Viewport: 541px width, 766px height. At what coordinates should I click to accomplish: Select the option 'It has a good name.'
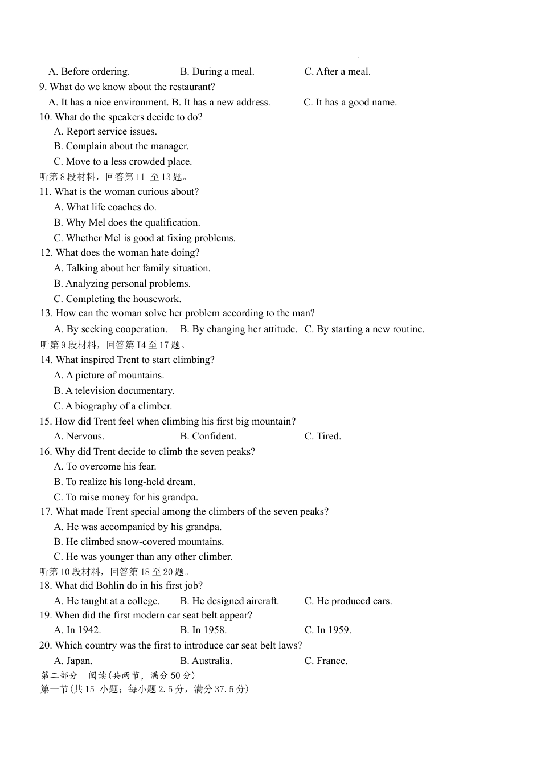[356, 103]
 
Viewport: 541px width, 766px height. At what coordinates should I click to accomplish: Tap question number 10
[45, 117]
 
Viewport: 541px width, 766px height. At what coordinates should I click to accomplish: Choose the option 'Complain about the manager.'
[127, 146]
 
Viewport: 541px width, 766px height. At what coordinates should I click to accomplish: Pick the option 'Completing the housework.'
[124, 299]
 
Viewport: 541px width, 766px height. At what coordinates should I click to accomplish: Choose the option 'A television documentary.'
[120, 391]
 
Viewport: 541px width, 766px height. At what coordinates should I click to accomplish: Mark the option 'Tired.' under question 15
[329, 437]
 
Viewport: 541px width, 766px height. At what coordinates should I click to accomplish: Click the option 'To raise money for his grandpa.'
[132, 498]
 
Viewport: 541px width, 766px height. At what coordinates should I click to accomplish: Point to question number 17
[46, 512]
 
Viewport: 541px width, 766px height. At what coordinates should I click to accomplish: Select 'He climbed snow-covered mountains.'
[145, 542]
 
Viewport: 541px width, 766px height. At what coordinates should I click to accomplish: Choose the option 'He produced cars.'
[354, 601]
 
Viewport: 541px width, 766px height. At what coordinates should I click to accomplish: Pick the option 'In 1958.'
[209, 630]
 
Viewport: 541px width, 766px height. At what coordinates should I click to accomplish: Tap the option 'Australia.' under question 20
[212, 661]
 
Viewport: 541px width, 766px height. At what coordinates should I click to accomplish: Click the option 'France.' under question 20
[331, 661]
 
